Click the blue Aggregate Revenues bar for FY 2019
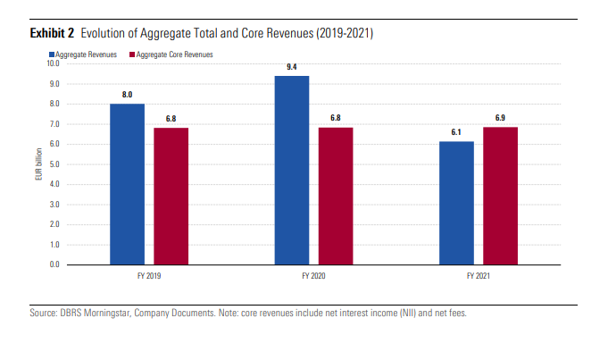127,184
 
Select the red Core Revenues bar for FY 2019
171,197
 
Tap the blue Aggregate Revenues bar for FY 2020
292,170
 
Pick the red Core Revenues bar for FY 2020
336,197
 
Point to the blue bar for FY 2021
457,203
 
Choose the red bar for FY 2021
501,196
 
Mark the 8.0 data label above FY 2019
127,94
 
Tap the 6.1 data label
456,132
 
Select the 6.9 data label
500,117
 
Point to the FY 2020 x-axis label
313,277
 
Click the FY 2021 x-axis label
479,277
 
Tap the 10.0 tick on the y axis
52,63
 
